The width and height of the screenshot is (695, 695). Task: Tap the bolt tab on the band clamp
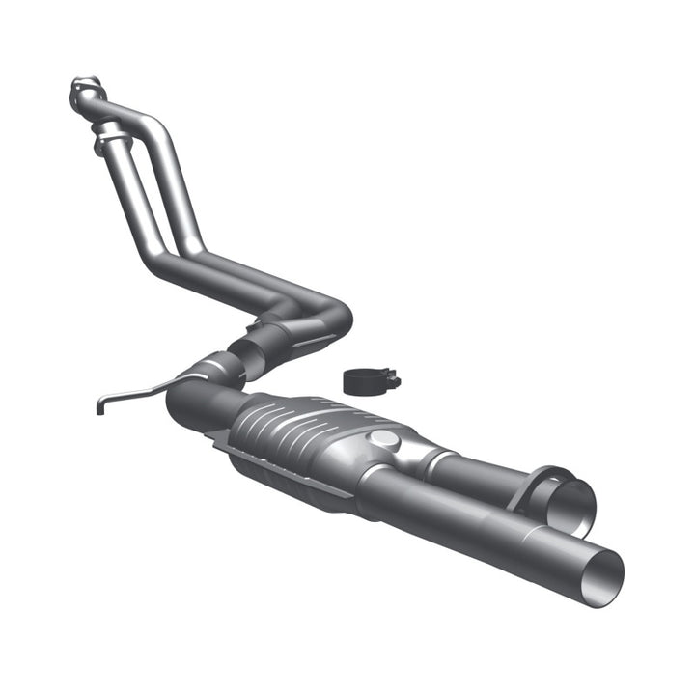coord(392,380)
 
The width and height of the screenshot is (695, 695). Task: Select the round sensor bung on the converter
coord(382,439)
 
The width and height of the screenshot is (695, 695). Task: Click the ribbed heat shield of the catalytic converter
coord(280,425)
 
